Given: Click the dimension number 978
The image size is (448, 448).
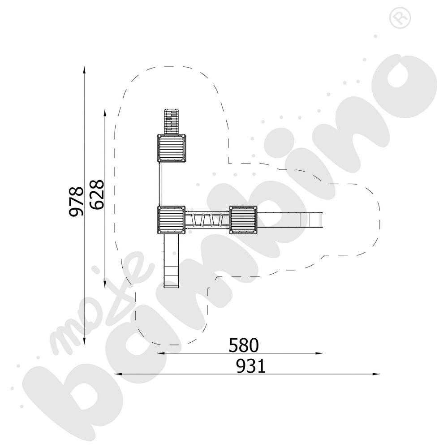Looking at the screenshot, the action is [x=77, y=202].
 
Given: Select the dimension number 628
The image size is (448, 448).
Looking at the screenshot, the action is [x=97, y=194].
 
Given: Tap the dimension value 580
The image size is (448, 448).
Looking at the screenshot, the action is [x=244, y=345].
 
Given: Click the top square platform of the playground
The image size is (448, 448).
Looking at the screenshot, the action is [x=172, y=148].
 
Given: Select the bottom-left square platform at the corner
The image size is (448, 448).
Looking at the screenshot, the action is [x=172, y=220].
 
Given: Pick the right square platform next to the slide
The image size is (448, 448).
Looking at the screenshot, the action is [x=243, y=220].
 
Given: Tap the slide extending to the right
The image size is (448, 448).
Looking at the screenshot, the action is [x=290, y=220].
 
